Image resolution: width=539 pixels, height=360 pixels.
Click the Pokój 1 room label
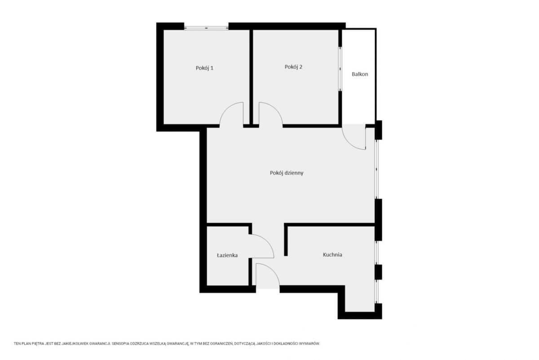click(x=204, y=68)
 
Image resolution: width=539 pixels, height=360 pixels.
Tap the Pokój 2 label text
click(x=293, y=67)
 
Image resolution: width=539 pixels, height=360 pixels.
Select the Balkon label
click(x=360, y=74)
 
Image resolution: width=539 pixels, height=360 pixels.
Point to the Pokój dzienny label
click(x=287, y=173)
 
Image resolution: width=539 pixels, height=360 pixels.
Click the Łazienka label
click(x=227, y=255)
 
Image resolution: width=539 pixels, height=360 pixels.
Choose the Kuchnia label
click(x=332, y=254)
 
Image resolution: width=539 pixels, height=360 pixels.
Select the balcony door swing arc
click(x=349, y=144)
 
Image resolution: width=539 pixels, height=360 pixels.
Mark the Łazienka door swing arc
click(x=267, y=241)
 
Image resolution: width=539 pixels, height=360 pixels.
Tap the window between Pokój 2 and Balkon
click(x=340, y=69)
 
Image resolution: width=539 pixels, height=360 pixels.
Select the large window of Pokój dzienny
click(x=377, y=169)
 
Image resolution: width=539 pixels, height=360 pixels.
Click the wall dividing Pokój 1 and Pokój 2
click(x=251, y=77)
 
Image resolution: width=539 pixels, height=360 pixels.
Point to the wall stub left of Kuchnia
click(x=286, y=240)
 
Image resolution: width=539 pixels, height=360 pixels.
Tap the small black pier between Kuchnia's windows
click(x=378, y=272)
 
